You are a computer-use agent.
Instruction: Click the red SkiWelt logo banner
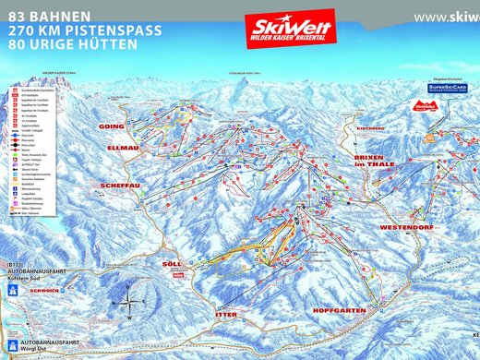[x=289, y=28]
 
